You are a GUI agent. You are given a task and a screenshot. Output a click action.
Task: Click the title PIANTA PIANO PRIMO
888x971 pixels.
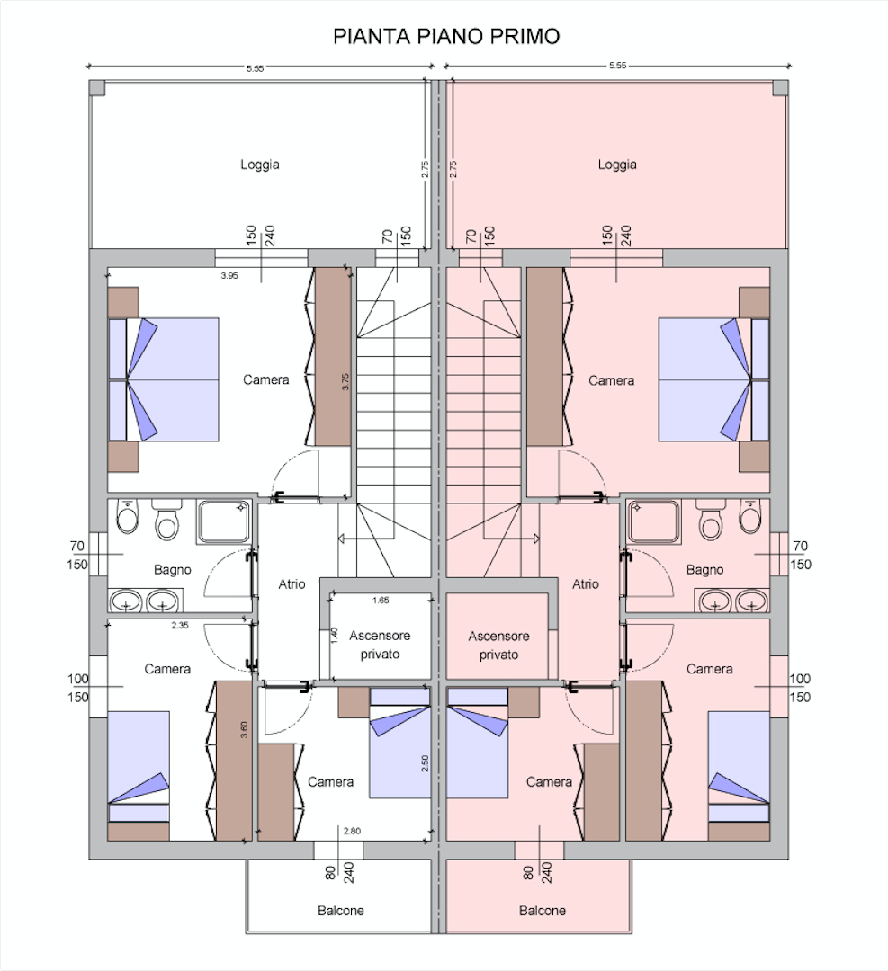click(446, 37)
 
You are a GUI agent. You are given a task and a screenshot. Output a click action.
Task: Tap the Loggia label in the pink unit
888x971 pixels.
click(617, 165)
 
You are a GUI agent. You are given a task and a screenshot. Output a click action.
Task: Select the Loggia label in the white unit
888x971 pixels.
click(260, 165)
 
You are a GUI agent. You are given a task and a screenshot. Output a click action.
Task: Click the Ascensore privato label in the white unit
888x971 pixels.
click(380, 645)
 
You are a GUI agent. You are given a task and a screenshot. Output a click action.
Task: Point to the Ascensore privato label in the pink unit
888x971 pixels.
click(498, 646)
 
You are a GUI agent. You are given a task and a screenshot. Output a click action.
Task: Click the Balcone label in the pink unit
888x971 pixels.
click(543, 911)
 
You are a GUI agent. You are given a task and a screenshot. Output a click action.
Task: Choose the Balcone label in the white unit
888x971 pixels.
click(341, 911)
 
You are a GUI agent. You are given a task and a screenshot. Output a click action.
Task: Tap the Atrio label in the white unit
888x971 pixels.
click(292, 584)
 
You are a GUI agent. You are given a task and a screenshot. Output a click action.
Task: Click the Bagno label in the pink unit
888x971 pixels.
click(704, 570)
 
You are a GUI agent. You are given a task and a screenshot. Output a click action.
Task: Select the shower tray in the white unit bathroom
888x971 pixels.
click(224, 522)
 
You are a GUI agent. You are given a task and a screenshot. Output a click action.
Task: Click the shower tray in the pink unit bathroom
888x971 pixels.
click(654, 522)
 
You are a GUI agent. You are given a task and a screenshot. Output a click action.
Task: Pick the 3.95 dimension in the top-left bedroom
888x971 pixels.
click(229, 276)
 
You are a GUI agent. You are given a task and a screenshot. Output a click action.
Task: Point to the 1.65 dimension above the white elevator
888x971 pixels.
click(381, 600)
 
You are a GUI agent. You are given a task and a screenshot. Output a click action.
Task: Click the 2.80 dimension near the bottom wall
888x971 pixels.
click(352, 831)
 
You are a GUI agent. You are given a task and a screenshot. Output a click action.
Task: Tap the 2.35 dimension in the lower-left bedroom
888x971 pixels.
click(180, 626)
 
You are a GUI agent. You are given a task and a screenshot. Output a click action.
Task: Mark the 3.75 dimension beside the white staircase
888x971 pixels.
click(345, 381)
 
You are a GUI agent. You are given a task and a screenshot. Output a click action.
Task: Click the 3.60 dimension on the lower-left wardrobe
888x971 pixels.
click(244, 730)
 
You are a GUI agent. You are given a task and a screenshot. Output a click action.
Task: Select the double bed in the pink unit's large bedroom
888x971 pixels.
click(713, 379)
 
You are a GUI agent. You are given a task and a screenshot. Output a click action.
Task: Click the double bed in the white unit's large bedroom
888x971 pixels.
click(164, 379)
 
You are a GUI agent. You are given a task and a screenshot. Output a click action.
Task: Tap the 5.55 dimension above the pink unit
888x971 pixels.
click(618, 65)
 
